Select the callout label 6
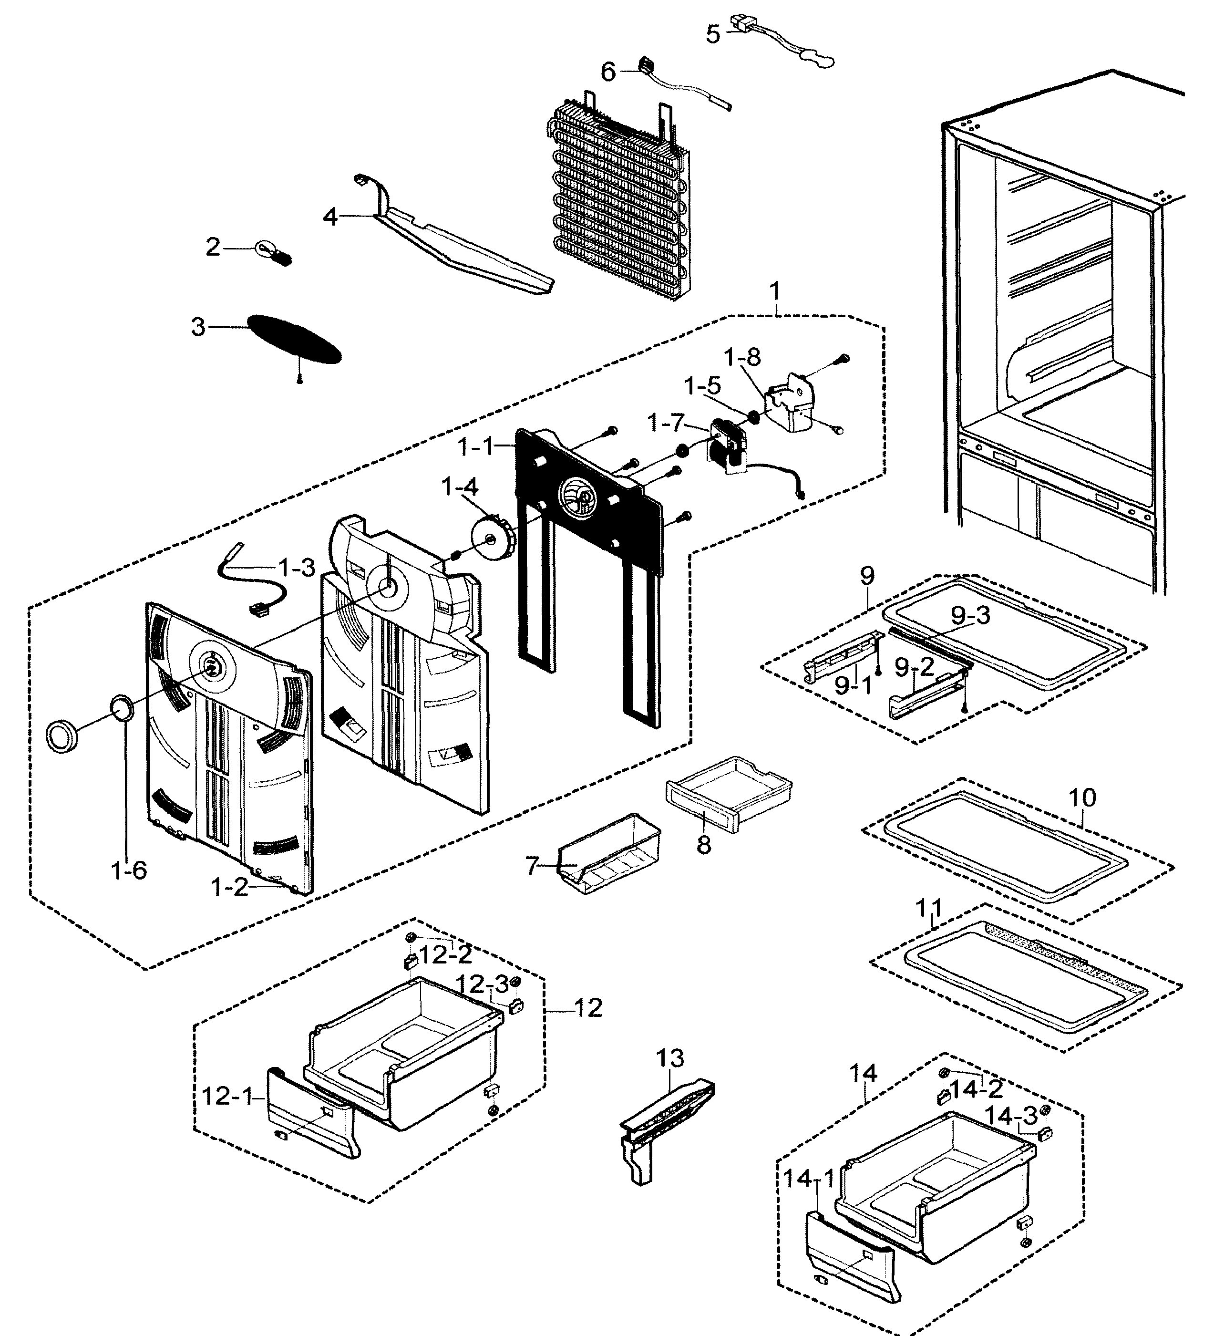(x=607, y=72)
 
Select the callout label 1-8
(x=741, y=358)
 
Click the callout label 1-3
(x=296, y=568)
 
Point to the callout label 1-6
(x=129, y=870)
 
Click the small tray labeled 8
(x=729, y=794)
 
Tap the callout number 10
(x=1082, y=797)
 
